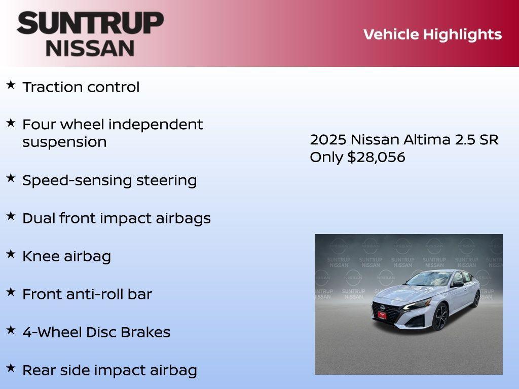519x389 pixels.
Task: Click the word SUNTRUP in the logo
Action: click(90, 23)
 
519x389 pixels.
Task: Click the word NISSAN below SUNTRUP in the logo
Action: click(90, 48)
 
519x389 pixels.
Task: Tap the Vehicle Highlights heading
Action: click(432, 34)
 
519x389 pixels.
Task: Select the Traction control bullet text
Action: click(81, 87)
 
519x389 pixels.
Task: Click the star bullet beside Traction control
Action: click(11, 85)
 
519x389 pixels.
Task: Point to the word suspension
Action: click(64, 142)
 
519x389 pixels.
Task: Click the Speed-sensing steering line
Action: click(109, 180)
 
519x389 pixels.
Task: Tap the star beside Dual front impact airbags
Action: click(11, 216)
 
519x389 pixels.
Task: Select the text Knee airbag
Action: click(66, 256)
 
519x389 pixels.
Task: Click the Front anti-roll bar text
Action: click(87, 294)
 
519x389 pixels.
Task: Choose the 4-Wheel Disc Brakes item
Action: click(96, 332)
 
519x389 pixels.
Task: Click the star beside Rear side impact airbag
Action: click(11, 368)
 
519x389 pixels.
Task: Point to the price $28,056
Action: click(376, 158)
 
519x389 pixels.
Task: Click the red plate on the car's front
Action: click(382, 315)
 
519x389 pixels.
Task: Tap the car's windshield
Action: click(431, 279)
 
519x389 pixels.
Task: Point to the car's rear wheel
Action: click(475, 299)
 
